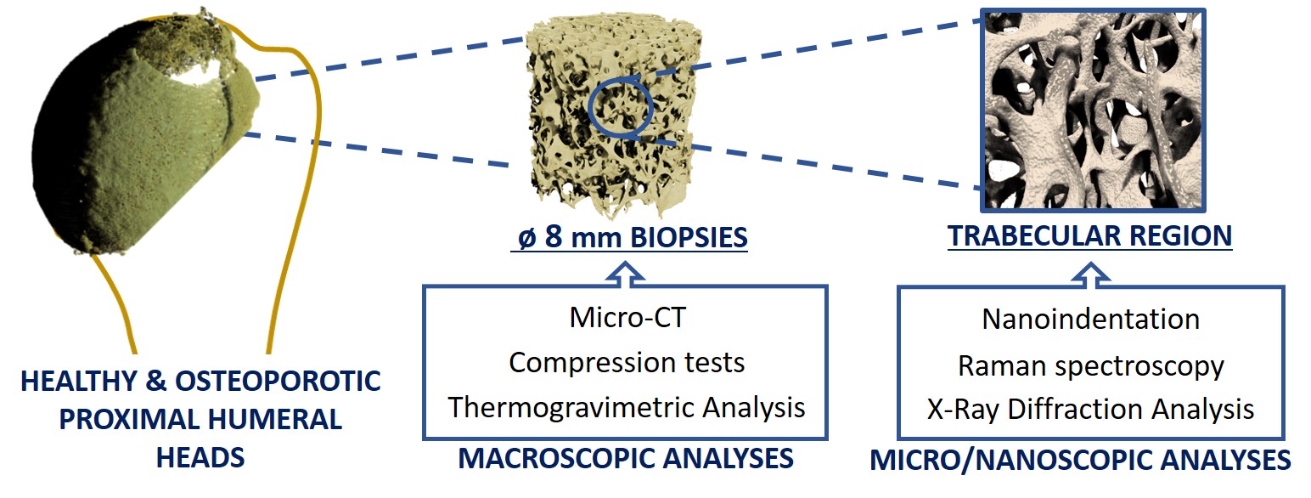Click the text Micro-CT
(x=627, y=318)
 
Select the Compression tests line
(x=627, y=362)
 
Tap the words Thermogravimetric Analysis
(x=627, y=407)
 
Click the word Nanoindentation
(x=1091, y=320)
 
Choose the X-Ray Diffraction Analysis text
(x=1091, y=410)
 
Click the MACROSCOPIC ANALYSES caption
(x=626, y=458)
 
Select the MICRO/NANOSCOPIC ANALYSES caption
(x=1080, y=460)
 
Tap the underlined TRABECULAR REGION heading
(x=1089, y=236)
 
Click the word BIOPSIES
(x=689, y=238)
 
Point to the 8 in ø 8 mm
(x=554, y=237)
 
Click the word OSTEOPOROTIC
(x=278, y=382)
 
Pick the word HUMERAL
(x=274, y=420)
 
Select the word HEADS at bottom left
(x=200, y=458)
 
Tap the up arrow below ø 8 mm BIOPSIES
(x=626, y=274)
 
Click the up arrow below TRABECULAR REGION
(x=1091, y=274)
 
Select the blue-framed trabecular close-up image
(x=1093, y=110)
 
